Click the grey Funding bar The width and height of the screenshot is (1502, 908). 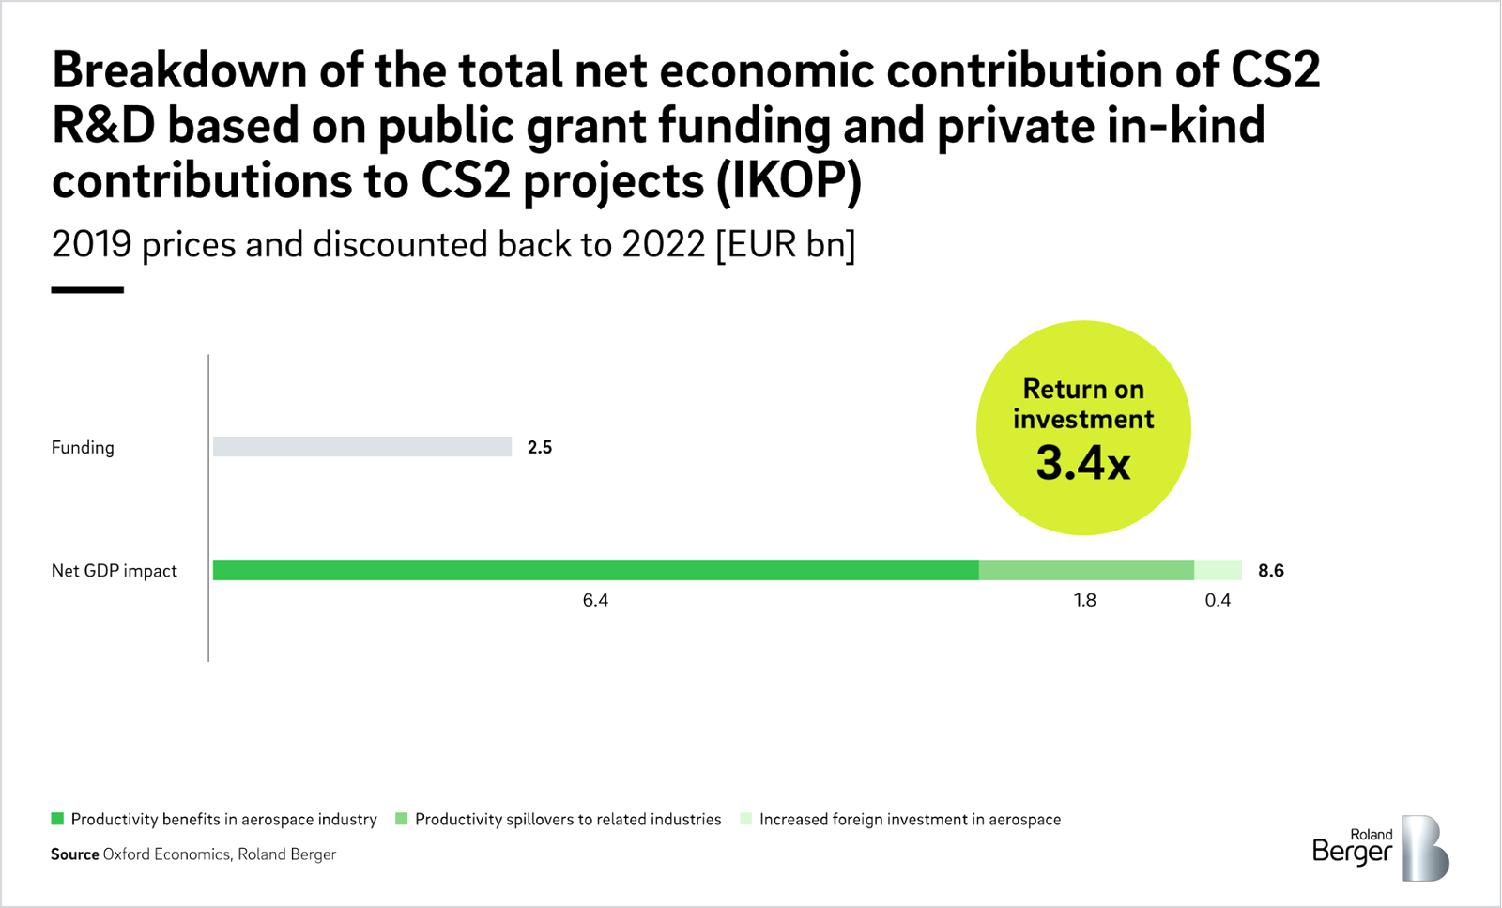361,447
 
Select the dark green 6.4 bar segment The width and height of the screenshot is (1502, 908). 595,570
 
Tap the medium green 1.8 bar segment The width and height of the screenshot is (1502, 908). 1086,570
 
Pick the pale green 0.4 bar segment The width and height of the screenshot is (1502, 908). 1218,570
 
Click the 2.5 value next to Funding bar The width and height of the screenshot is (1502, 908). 540,448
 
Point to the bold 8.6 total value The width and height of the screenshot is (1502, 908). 1271,571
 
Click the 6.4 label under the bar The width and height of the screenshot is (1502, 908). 595,600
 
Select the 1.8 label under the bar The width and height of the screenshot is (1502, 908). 1085,600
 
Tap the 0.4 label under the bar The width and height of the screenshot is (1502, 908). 1218,600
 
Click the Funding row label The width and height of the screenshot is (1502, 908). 83,448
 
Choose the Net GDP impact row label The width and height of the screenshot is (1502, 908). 114,571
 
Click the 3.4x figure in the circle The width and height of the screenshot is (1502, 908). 1083,463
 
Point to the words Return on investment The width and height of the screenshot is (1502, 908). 1083,404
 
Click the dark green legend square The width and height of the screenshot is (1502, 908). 57,819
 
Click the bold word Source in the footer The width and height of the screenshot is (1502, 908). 74,854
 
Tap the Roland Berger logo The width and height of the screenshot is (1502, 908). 1380,848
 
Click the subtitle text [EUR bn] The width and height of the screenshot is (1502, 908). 785,245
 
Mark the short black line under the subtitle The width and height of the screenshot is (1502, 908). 87,290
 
